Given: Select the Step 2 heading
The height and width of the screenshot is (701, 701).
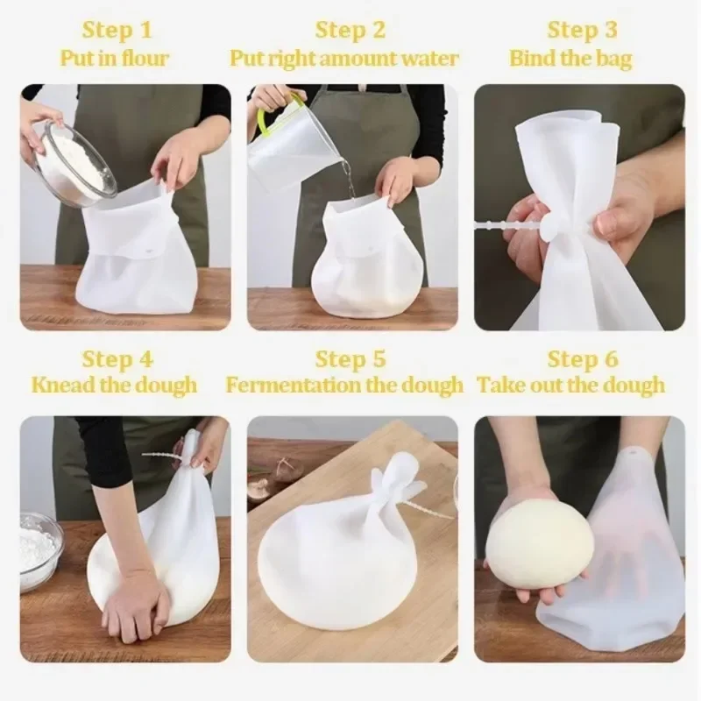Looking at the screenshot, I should pyautogui.click(x=350, y=31).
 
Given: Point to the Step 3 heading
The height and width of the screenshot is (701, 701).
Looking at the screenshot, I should pyautogui.click(x=582, y=31).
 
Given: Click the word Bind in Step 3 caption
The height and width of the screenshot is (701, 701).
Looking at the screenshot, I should pyautogui.click(x=532, y=60).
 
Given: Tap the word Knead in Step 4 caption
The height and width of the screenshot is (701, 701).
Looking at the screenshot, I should pyautogui.click(x=60, y=386).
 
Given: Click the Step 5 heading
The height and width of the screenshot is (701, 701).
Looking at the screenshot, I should pyautogui.click(x=350, y=358).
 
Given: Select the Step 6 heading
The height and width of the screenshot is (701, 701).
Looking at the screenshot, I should pyautogui.click(x=582, y=358).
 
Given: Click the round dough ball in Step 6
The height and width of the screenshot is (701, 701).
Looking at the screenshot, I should pyautogui.click(x=540, y=543).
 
